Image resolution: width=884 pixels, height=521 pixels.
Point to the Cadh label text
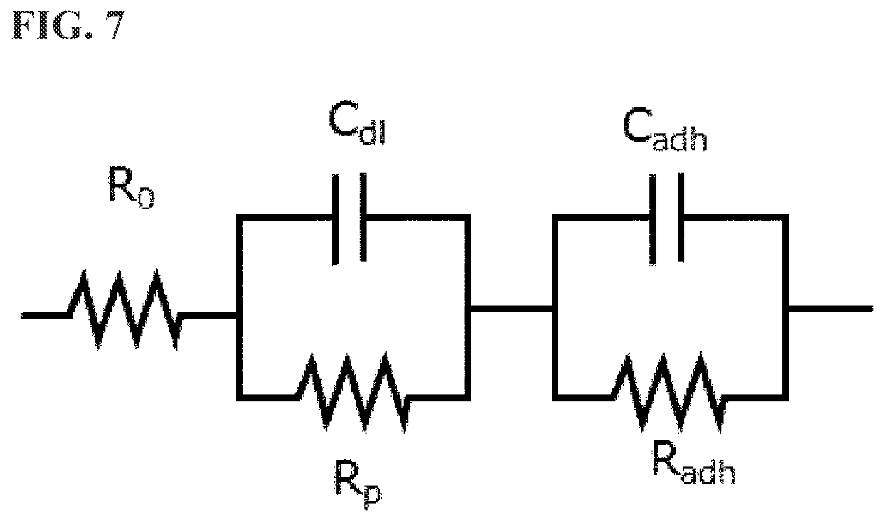pyautogui.click(x=665, y=130)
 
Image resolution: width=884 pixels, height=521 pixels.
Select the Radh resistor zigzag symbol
pyautogui.click(x=668, y=392)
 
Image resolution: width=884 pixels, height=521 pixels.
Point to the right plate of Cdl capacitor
pyautogui.click(x=363, y=217)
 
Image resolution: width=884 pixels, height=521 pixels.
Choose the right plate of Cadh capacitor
pyautogui.click(x=681, y=217)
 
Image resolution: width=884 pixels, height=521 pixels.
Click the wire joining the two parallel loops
pyautogui.click(x=511, y=309)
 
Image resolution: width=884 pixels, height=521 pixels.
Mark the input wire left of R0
pyautogui.click(x=46, y=315)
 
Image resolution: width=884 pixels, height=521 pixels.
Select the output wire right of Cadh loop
pyautogui.click(x=831, y=309)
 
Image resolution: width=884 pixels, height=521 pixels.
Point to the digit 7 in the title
pyautogui.click(x=114, y=25)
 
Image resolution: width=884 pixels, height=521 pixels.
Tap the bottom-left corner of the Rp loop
pyautogui.click(x=239, y=398)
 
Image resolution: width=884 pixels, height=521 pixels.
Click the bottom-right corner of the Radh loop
pyautogui.click(x=785, y=398)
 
